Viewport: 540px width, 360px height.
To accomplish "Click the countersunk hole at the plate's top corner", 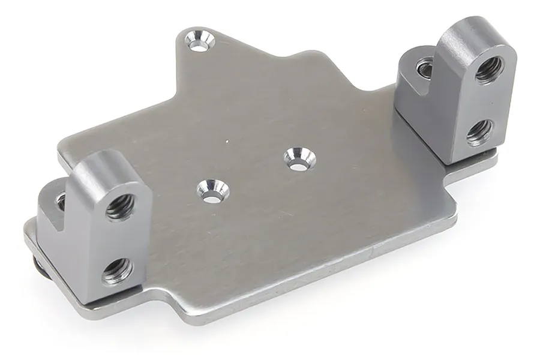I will [200, 41].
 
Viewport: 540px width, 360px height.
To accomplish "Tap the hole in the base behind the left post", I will [61, 201].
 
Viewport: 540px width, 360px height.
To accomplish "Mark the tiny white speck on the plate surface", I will [227, 142].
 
